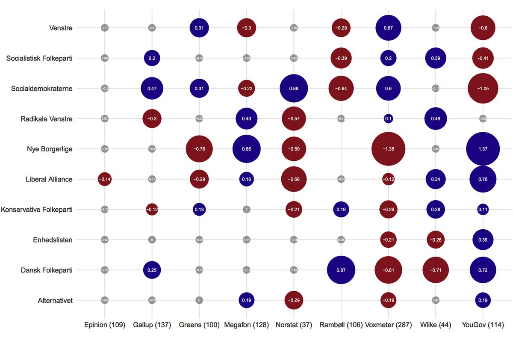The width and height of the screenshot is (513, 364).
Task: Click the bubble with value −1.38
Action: (388, 149)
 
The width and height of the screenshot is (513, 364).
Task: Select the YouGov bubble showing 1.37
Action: (483, 149)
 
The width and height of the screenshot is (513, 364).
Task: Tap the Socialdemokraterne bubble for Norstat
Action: (293, 89)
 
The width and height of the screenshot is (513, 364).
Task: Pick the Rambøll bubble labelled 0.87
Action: (341, 270)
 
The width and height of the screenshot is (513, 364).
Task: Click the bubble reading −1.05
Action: (483, 89)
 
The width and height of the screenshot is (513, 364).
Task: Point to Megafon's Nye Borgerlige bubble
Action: (246, 149)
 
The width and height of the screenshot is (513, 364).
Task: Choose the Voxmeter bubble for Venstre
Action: (388, 28)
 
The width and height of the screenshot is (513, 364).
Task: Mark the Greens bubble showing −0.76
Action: (199, 149)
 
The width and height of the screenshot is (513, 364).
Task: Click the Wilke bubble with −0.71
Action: (435, 270)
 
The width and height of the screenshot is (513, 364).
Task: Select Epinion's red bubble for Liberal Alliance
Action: (105, 179)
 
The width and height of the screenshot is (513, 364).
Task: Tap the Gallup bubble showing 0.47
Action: (152, 89)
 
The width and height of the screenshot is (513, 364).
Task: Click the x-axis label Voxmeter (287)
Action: (388, 325)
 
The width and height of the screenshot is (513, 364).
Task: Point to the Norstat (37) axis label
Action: (293, 325)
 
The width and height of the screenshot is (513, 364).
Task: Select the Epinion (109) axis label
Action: (105, 325)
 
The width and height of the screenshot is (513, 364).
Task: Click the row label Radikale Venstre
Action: (47, 119)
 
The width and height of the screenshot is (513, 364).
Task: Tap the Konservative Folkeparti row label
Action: (37, 210)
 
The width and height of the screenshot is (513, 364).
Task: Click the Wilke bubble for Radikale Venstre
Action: (435, 119)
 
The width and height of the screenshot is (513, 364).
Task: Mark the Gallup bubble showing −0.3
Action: (152, 119)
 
